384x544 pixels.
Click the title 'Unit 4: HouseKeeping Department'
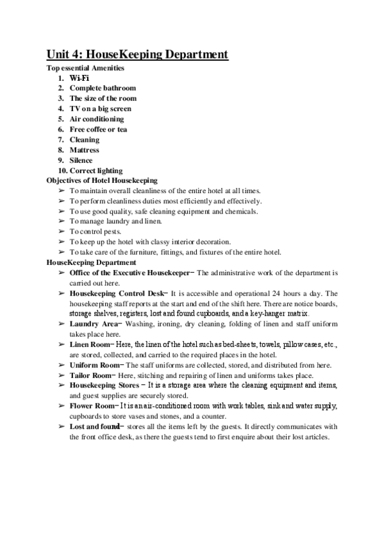pyautogui.click(x=137, y=55)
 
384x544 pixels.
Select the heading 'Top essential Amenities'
pyautogui.click(x=86, y=68)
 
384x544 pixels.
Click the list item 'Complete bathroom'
pyautogui.click(x=103, y=88)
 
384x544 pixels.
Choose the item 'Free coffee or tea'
pyautogui.click(x=98, y=129)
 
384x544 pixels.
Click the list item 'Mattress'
pyautogui.click(x=84, y=149)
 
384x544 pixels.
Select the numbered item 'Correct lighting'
pyautogui.click(x=97, y=171)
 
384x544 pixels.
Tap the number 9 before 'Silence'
pyautogui.click(x=60, y=160)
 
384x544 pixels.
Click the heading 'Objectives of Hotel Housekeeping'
pyautogui.click(x=102, y=181)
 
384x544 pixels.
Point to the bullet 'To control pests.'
pyautogui.click(x=94, y=232)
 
